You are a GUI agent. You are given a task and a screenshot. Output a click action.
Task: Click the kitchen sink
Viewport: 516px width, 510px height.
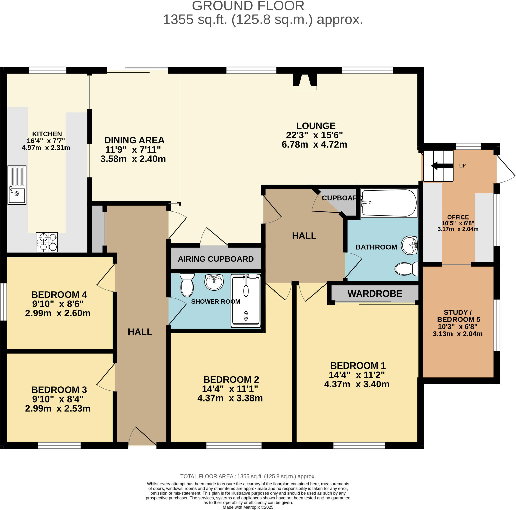pos(17,185)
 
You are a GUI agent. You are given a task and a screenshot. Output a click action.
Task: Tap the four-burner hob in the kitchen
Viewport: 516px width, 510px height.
pos(47,242)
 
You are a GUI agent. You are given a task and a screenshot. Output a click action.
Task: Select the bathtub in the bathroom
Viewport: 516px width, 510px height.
pos(389,203)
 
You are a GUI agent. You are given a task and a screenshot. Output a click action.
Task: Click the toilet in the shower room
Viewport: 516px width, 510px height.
pos(187,285)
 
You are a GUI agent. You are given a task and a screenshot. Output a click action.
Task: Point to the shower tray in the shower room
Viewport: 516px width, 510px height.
pos(246,301)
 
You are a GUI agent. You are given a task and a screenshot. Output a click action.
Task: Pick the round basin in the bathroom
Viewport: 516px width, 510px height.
pos(410,245)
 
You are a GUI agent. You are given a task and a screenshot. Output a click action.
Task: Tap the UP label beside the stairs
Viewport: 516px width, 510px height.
pos(462,166)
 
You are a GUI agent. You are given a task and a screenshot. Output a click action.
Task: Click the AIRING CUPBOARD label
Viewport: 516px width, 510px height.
pos(216,259)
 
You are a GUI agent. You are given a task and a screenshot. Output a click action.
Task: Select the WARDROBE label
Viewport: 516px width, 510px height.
pos(375,294)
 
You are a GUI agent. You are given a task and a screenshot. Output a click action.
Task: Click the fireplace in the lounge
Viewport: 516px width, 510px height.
pos(305,81)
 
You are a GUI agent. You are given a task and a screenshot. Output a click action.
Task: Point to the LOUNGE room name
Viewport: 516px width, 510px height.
pos(316,126)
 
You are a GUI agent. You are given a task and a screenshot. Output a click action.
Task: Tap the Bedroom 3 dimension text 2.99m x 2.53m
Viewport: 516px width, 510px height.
pos(58,408)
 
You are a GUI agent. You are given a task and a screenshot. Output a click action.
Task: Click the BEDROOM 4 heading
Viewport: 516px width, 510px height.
pos(59,294)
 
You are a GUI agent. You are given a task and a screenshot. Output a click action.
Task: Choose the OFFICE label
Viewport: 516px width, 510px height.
pos(458,217)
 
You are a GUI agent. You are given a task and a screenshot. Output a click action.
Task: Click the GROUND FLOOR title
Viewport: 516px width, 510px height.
pos(248,6)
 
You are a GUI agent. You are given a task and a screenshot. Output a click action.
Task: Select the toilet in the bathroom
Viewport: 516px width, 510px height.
pos(406,269)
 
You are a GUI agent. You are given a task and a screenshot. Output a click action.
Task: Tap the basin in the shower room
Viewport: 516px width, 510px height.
pos(214,282)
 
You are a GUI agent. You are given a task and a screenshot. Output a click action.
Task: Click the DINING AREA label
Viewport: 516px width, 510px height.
pos(134,140)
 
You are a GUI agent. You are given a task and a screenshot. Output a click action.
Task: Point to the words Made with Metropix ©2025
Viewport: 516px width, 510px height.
pos(248,507)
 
